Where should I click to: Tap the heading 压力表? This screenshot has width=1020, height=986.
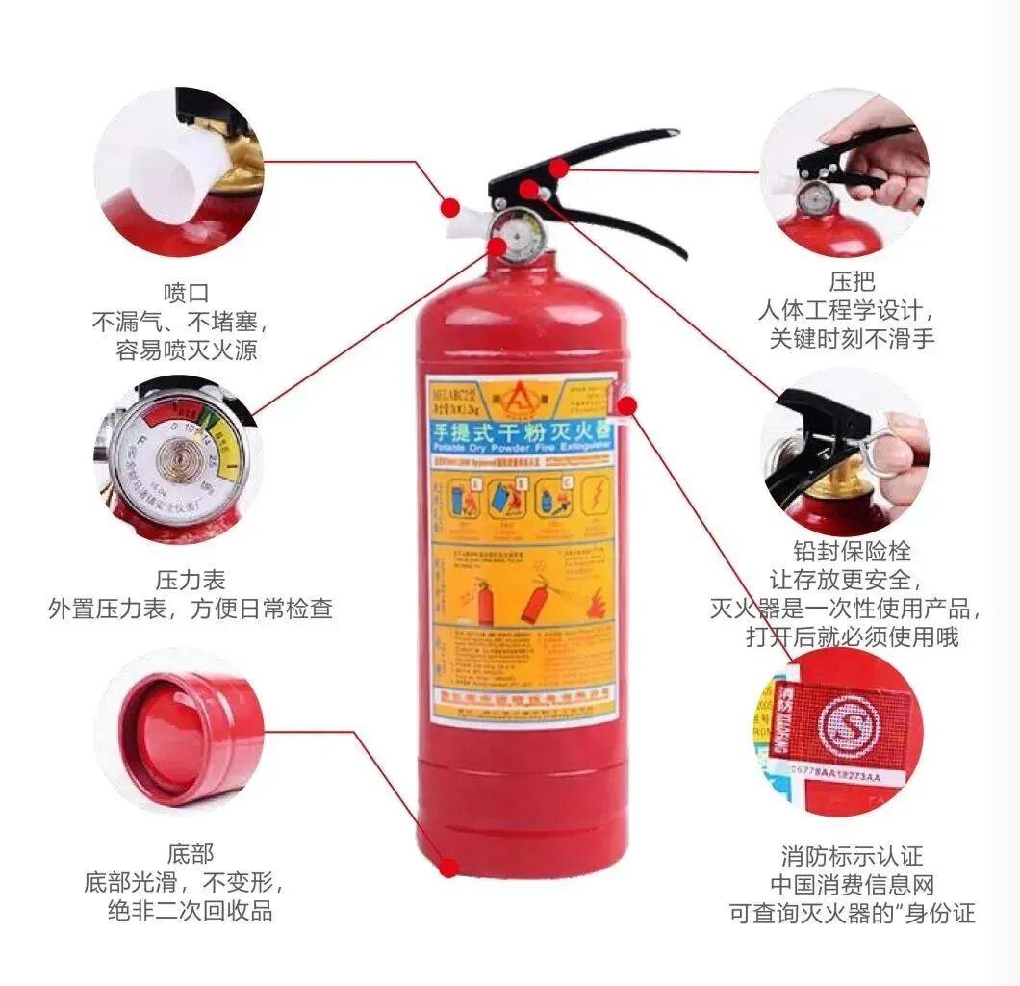pos(191,580)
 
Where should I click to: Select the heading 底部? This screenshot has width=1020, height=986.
pos(191,853)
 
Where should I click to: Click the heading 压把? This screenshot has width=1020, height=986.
pos(852,281)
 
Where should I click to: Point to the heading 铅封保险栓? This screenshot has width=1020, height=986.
pos(852,552)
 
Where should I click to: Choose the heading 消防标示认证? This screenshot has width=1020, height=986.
pos(852,855)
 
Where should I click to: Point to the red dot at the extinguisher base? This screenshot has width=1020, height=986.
pos(448,868)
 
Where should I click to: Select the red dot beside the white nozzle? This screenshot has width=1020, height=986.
pos(449,206)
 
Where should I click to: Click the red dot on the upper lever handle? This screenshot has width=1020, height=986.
pos(558,169)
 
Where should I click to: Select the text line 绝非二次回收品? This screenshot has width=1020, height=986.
pos(191,911)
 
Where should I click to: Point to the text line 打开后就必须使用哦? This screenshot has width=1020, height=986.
pos(852,637)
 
